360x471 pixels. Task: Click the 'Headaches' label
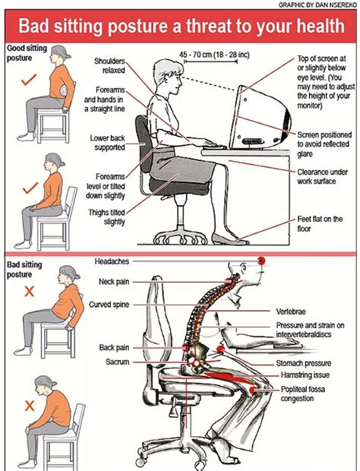point(112,261)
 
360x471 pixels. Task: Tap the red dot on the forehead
point(261,261)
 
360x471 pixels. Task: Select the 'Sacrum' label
point(118,362)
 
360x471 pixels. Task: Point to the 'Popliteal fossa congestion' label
point(302,394)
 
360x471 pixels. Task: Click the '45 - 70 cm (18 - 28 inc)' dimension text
point(214,55)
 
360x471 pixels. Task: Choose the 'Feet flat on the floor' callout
point(320,224)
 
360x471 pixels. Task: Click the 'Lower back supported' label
point(108,143)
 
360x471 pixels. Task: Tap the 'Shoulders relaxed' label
point(109,66)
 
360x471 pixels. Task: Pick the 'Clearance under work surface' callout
point(323,176)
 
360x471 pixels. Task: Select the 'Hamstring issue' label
point(305,375)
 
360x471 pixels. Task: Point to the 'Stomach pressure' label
point(304,363)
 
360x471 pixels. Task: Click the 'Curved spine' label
point(109,305)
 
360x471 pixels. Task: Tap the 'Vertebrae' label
point(291,311)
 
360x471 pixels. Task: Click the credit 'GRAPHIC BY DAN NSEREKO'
point(317,5)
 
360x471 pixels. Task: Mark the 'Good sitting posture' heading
point(27,53)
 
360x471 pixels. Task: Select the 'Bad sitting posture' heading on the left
point(24,270)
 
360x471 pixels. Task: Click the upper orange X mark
point(29,292)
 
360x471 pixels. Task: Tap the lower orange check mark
point(30,188)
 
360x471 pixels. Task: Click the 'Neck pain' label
point(114,282)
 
